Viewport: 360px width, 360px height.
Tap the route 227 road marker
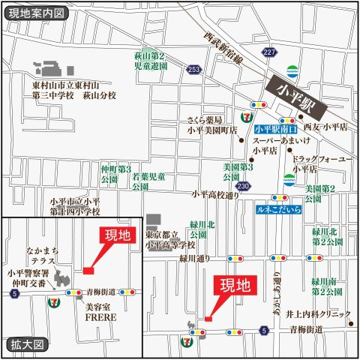coord(269,51)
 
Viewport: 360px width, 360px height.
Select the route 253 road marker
coord(195,69)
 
